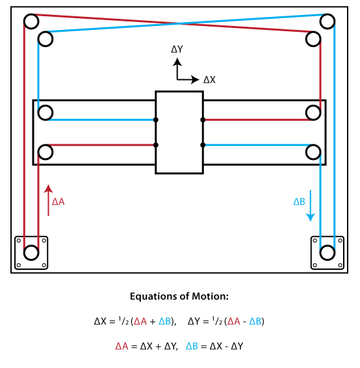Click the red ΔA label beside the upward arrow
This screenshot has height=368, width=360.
click(58, 202)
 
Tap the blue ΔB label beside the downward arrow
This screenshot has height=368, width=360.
click(300, 202)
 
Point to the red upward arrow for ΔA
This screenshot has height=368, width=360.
click(49, 200)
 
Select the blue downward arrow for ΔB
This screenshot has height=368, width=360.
click(311, 206)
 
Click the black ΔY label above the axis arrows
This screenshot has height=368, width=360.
click(177, 49)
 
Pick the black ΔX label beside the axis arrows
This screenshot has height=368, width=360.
click(209, 80)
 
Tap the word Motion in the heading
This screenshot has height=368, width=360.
click(210, 296)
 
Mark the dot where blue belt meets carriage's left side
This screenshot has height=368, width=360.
click(155, 120)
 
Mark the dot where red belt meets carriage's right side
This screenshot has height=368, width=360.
click(203, 120)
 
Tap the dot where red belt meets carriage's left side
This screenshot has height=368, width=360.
click(155, 145)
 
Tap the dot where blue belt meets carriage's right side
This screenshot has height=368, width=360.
click(203, 145)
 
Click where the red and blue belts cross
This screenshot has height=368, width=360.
click(179, 23)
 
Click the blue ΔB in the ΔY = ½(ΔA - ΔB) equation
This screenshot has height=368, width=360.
click(255, 321)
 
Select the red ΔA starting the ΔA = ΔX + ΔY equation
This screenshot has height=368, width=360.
click(122, 347)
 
